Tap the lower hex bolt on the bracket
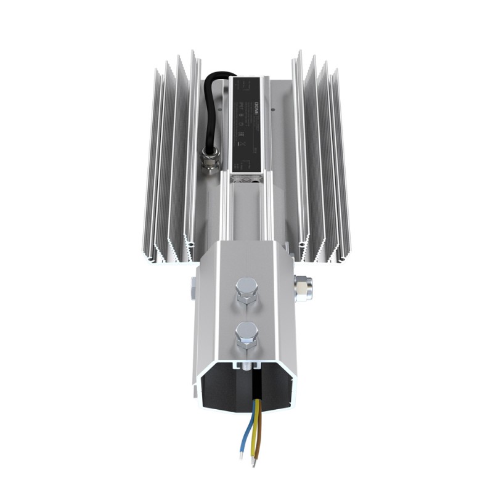pyautogui.click(x=245, y=333)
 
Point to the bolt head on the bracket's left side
pyautogui.click(x=193, y=284)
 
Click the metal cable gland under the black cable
pyautogui.click(x=210, y=159)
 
